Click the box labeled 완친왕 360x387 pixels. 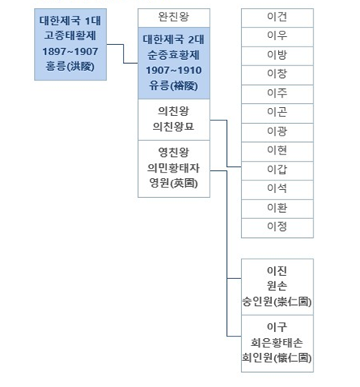[x=174, y=17]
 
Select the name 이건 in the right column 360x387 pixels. [x=277, y=17]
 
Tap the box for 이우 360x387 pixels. [x=277, y=37]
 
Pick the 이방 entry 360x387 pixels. [x=277, y=56]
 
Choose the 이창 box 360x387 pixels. [x=277, y=75]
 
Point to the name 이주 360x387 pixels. [x=277, y=93]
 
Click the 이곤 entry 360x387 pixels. [x=277, y=113]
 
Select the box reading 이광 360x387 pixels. [x=277, y=132]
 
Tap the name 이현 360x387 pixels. [x=277, y=150]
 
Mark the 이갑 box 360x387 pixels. [x=277, y=171]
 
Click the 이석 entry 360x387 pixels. [x=277, y=190]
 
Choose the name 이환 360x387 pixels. [x=277, y=207]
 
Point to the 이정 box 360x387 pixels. [x=277, y=228]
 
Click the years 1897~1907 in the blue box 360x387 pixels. [x=70, y=51]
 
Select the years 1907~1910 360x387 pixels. [x=174, y=70]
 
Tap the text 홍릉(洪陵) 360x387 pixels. [x=70, y=66]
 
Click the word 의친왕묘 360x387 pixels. [x=173, y=127]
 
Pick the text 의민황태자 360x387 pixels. [x=173, y=168]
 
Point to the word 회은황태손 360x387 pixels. [x=277, y=342]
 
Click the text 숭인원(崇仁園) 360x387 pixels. [x=277, y=301]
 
